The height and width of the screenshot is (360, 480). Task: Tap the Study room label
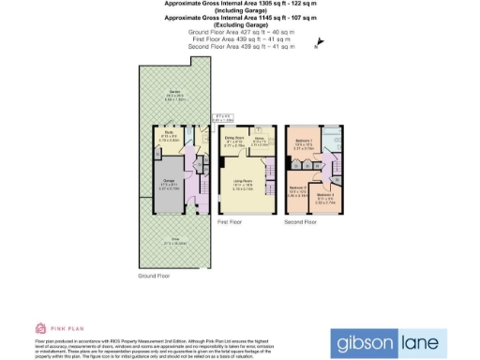(x=169, y=137)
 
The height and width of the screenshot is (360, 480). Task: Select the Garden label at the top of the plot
(x=174, y=93)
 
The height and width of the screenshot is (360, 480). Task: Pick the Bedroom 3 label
(x=324, y=198)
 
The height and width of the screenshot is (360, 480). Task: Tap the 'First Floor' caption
(x=231, y=222)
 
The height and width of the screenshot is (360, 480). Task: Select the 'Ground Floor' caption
(x=153, y=277)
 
